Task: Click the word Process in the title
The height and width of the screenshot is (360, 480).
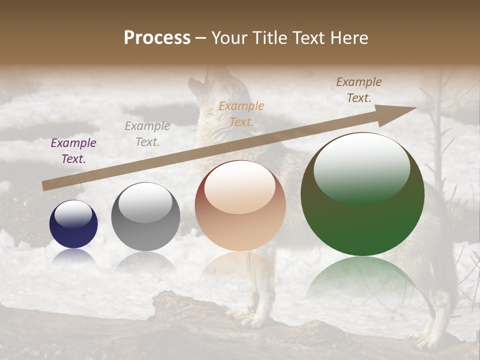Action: pos(157,38)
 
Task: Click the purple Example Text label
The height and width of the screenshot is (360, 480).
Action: pos(73,151)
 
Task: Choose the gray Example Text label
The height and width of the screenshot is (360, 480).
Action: pos(147,134)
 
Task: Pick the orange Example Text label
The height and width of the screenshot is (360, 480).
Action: pos(241,113)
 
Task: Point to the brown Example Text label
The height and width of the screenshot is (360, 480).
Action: pos(359,90)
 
